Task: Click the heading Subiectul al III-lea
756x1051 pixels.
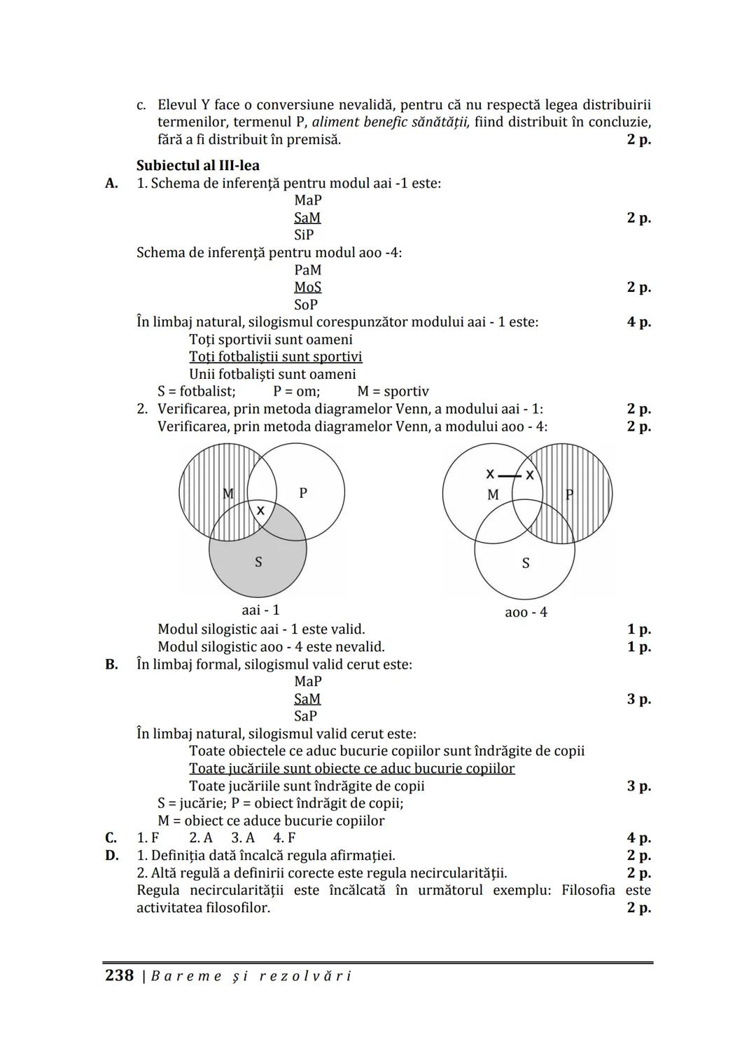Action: click(197, 166)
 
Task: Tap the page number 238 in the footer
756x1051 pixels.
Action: click(119, 975)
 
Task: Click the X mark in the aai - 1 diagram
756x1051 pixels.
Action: click(260, 510)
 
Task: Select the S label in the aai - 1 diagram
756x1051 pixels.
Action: click(258, 562)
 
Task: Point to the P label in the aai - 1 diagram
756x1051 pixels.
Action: click(303, 493)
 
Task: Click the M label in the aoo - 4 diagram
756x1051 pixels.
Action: click(493, 495)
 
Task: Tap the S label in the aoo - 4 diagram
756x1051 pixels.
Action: click(526, 563)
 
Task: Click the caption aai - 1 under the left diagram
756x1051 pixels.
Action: click(260, 610)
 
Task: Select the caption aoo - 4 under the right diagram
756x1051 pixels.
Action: click(526, 613)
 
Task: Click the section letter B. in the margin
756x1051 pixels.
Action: click(112, 664)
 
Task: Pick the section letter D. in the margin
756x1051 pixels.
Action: click(112, 856)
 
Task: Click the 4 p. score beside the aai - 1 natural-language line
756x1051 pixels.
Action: click(638, 322)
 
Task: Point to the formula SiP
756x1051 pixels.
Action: click(304, 235)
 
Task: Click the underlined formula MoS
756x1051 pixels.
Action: click(307, 287)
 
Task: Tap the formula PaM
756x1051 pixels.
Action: click(307, 270)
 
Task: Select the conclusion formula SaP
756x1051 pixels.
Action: click(305, 716)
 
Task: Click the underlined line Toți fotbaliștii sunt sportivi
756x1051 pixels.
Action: click(275, 357)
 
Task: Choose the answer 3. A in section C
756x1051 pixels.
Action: click(243, 838)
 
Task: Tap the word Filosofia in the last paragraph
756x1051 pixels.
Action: click(588, 891)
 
